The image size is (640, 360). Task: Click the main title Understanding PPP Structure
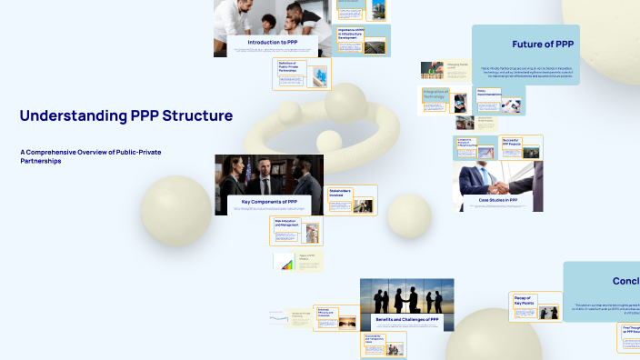[125, 116]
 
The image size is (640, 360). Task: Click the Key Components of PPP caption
[269, 200]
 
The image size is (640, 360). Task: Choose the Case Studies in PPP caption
[498, 199]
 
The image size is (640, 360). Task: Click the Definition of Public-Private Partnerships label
[292, 65]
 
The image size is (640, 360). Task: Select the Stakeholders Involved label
[340, 193]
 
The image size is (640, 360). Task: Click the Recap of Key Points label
[523, 298]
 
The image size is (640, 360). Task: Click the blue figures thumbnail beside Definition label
[318, 75]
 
